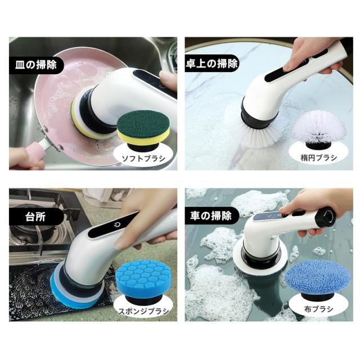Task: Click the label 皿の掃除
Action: [36, 65]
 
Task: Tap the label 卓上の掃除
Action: [211, 63]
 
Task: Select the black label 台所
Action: [35, 217]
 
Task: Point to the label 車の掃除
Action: [211, 216]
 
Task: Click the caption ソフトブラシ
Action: [143, 159]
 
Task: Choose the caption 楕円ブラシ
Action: [319, 157]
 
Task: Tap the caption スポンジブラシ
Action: [143, 311]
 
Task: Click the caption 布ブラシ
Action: [319, 309]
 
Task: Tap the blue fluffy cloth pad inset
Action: [318, 280]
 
